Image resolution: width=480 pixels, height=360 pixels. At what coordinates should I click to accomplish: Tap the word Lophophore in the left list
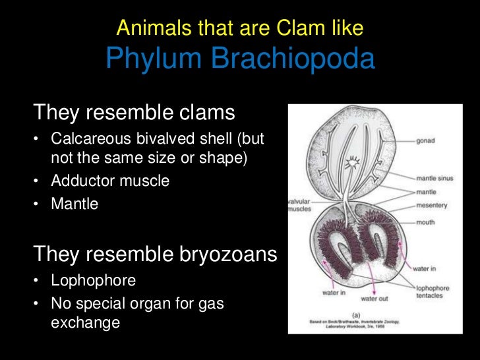point(94,281)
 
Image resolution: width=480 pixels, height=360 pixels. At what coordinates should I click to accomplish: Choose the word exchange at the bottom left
point(86,323)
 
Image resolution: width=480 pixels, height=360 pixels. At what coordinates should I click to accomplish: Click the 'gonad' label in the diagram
point(425,141)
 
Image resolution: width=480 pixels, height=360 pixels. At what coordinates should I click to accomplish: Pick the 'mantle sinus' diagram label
point(433,178)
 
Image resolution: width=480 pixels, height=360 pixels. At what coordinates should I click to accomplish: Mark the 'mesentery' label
point(431,206)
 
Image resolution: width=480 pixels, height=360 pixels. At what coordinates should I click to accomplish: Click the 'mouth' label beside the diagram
point(425,222)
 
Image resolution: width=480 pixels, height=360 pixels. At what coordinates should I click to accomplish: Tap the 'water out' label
point(374,299)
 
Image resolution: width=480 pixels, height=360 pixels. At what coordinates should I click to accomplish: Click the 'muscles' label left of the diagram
point(300,208)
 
